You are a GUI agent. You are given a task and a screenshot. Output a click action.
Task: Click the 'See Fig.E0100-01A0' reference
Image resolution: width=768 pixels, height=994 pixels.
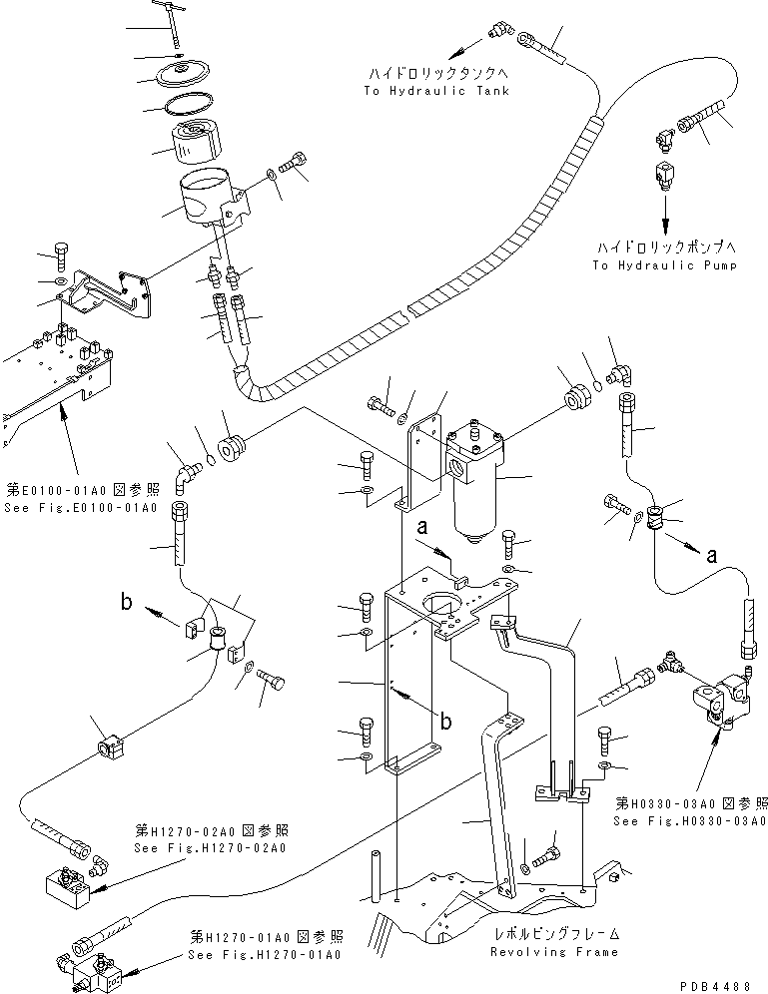pos(80,508)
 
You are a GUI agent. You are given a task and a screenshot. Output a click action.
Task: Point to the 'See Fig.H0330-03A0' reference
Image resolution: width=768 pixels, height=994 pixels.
pos(690,820)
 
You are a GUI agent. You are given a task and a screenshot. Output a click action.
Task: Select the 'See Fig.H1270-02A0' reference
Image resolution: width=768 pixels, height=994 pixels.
pos(209,848)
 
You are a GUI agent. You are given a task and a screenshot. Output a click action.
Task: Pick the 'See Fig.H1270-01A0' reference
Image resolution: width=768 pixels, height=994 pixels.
pos(266,954)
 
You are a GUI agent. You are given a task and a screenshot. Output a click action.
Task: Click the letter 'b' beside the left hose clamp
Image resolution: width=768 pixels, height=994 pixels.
pos(126,602)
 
